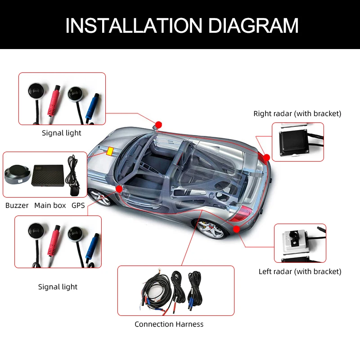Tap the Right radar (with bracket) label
(297, 113)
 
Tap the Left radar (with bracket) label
(300, 271)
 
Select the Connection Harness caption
(169, 324)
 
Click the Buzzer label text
(17, 205)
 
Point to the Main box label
(50, 205)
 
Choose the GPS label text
(78, 205)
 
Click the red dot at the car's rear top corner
(266, 157)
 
